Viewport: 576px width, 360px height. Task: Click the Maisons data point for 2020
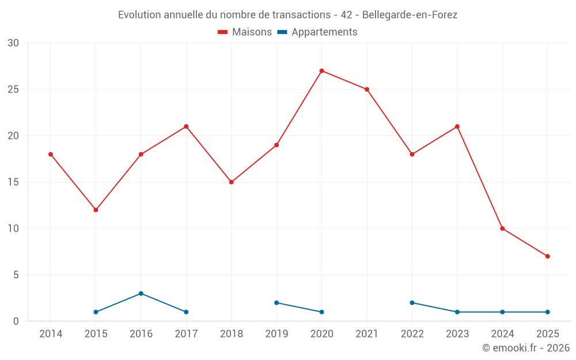[x=321, y=71]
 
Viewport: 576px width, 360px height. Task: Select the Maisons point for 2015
[x=96, y=210]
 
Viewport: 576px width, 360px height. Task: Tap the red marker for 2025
[x=547, y=256]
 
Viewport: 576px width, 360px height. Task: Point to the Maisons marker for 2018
[x=231, y=182]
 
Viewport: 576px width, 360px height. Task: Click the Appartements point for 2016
[x=141, y=293]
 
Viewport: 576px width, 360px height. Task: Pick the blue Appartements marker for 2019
[x=276, y=302]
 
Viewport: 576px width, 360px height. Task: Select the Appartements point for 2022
[x=412, y=302]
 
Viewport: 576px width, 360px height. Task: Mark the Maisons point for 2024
[x=502, y=229]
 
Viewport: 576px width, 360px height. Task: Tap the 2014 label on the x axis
[x=51, y=334]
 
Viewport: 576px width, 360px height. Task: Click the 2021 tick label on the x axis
[x=367, y=334]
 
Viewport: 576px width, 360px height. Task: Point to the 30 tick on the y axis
[x=13, y=43]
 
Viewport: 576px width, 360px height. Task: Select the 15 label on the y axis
[x=13, y=182]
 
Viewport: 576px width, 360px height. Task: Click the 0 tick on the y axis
[x=16, y=321]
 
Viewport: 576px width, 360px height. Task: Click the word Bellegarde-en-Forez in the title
[x=410, y=15]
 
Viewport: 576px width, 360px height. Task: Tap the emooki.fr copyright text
[x=526, y=348]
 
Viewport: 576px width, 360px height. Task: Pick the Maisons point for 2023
[x=457, y=127]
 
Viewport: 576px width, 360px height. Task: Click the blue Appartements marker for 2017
[x=186, y=312]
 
